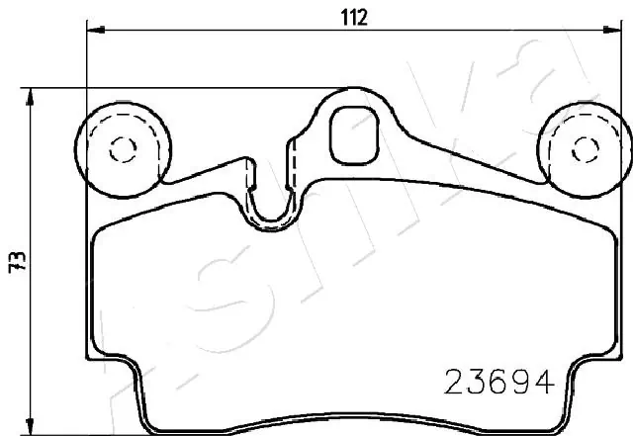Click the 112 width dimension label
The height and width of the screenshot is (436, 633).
coord(355,17)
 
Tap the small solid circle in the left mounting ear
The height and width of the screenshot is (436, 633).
coord(123,149)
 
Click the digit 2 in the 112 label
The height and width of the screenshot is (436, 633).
coord(364,17)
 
